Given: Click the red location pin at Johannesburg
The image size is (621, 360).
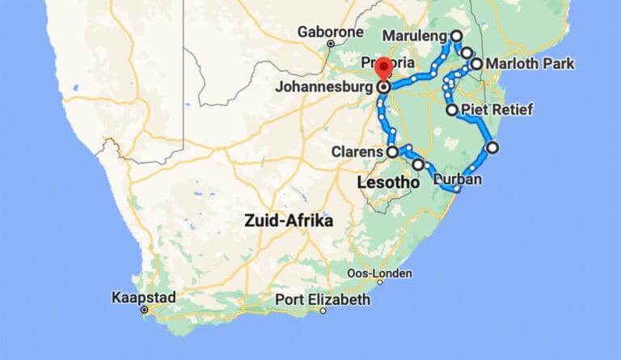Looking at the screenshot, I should (x=384, y=69).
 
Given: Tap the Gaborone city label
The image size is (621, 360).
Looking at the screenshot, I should (x=329, y=32).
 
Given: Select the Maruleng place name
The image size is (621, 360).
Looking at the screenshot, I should (x=414, y=37).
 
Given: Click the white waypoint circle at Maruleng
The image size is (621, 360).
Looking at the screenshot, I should (x=456, y=36).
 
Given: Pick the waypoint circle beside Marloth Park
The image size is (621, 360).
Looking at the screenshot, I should (x=476, y=63).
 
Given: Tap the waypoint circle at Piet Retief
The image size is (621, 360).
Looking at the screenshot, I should (x=451, y=109).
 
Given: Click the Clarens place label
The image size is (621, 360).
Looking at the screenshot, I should (x=357, y=151).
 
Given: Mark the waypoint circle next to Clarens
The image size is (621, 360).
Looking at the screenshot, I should (x=392, y=151).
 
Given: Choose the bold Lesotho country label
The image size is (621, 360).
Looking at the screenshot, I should (x=388, y=183).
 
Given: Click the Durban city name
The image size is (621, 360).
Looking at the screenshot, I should (x=458, y=179).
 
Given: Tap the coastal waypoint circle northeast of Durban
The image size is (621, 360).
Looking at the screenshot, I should (x=492, y=147).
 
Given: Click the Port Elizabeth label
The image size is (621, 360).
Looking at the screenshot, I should (x=322, y=299).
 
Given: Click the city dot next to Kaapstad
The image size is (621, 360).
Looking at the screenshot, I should (x=144, y=310).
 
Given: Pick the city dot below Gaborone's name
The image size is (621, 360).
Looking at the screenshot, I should (x=330, y=43).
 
